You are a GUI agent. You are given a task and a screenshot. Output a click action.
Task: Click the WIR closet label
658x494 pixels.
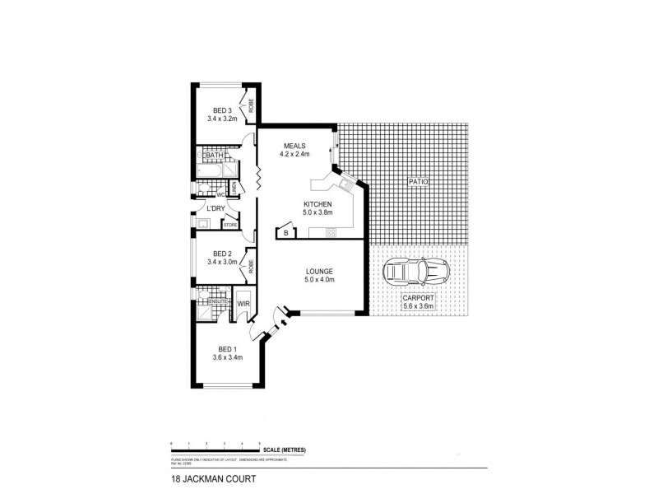(243, 304)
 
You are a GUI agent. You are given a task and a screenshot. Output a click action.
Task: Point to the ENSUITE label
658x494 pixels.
(217, 301)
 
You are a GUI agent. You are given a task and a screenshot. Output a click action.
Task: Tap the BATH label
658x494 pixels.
(215, 156)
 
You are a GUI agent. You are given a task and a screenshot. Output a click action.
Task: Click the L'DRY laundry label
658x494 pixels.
(216, 208)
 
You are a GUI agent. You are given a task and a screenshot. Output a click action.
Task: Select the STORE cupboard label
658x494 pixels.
(229, 224)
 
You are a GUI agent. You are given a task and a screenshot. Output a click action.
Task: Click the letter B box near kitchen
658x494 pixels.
(285, 234)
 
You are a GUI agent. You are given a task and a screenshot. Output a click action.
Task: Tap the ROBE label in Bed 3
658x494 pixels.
(251, 105)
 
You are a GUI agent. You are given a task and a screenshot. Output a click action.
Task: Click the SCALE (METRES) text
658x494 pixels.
(285, 449)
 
